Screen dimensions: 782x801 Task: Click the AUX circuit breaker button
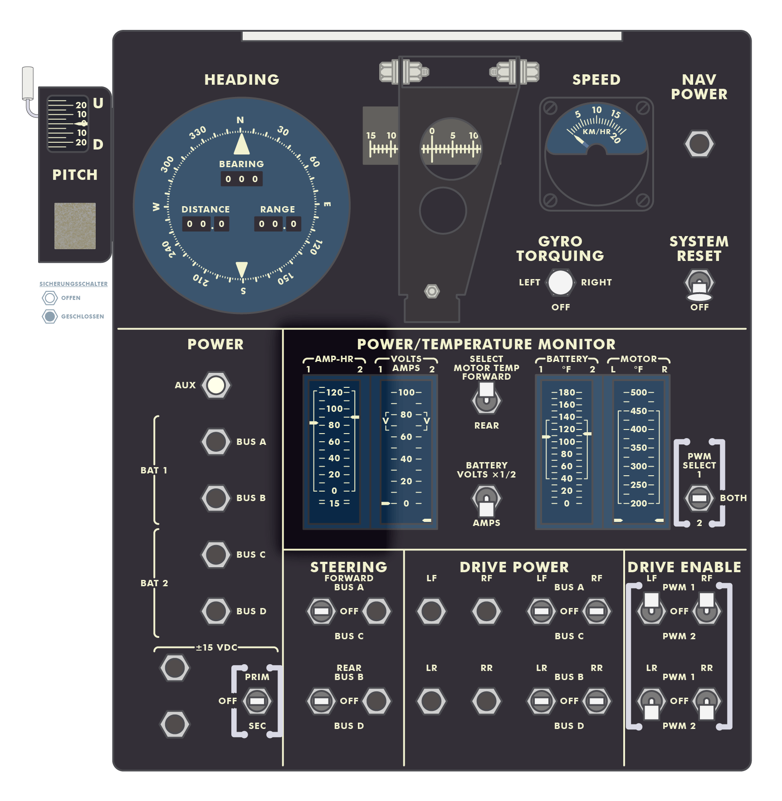[216, 385]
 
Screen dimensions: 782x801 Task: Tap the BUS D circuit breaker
[216, 611]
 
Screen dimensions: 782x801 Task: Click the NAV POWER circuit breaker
[699, 144]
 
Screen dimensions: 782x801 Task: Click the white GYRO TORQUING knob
[561, 282]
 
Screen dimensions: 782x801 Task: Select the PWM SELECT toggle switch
[699, 498]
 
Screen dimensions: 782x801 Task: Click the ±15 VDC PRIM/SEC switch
[257, 701]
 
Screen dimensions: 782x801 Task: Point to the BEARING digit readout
[241, 179]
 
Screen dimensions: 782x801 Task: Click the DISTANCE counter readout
[205, 224]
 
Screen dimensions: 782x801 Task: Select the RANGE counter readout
[278, 224]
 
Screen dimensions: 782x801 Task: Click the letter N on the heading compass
[240, 120]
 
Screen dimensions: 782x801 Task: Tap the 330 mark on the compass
[197, 133]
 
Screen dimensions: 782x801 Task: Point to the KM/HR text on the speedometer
[596, 132]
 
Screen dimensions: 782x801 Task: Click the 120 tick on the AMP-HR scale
[334, 392]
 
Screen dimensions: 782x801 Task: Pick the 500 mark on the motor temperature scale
[639, 392]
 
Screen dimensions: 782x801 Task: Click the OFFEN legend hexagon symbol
[50, 298]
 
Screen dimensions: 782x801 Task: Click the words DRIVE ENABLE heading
[684, 567]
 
